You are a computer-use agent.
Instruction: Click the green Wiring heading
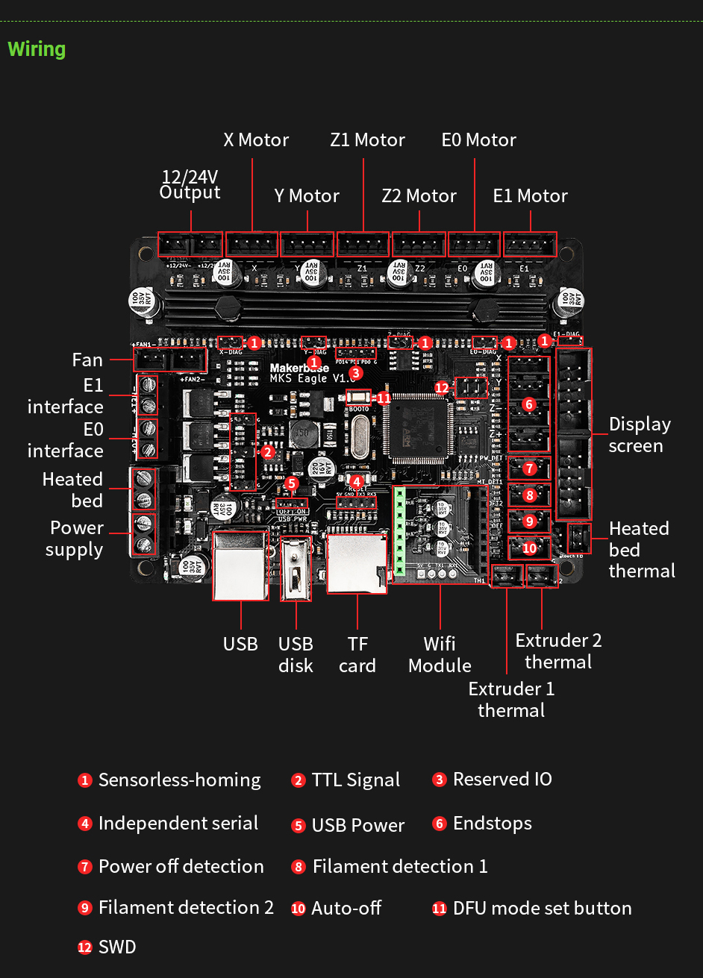point(37,49)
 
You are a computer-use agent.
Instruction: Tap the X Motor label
point(256,140)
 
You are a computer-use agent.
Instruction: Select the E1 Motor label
point(530,196)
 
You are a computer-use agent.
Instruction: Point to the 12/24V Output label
point(190,184)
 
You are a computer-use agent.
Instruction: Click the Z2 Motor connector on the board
point(419,245)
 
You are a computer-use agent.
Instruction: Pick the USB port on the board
point(240,565)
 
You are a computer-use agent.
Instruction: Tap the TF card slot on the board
point(357,563)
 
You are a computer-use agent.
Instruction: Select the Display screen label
point(640,435)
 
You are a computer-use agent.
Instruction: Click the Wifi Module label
point(440,654)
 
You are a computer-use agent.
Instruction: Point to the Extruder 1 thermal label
point(511,699)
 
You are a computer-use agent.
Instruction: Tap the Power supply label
point(75,539)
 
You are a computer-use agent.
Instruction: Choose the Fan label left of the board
point(87,360)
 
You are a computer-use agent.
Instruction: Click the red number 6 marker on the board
point(529,404)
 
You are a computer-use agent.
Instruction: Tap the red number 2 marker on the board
point(268,451)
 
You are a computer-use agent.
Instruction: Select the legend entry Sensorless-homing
point(179,780)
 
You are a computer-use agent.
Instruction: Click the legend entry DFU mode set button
point(542,908)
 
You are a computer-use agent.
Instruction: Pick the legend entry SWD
point(117,947)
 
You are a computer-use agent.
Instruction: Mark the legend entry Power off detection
point(181,866)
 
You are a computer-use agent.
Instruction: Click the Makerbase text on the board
point(299,368)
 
